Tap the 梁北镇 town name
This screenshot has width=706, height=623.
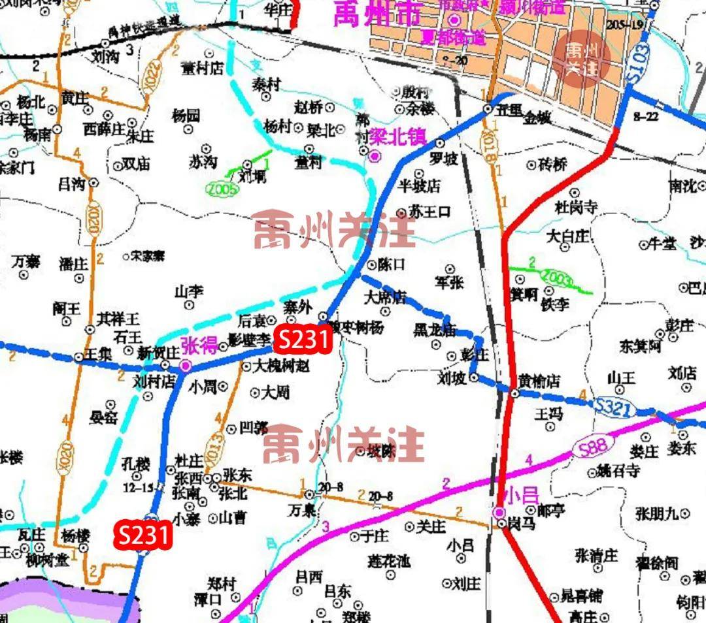[x=397, y=137]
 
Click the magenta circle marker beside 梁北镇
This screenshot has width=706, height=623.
[x=375, y=155]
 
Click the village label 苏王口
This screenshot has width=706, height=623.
[x=431, y=212]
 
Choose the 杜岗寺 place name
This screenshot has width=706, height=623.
[x=576, y=208]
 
